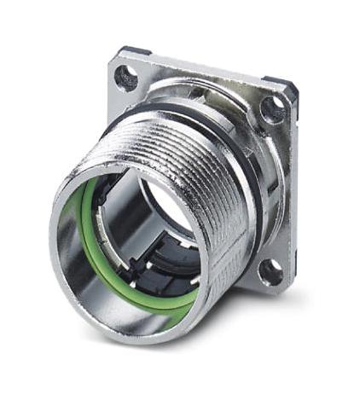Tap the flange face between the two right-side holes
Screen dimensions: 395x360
[277, 188]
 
